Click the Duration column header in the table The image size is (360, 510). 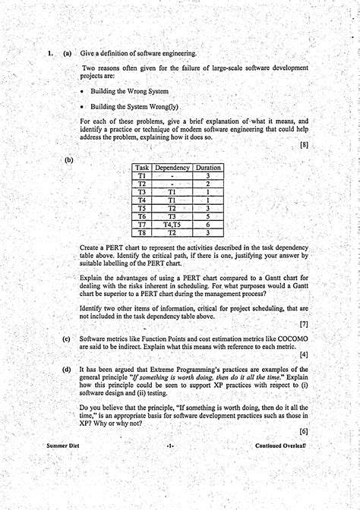pos(208,168)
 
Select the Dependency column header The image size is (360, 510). pos(172,168)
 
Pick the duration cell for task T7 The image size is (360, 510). pos(208,225)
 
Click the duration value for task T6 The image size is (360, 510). pos(208,216)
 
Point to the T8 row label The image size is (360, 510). pos(142,233)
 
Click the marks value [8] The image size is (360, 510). pos(304,144)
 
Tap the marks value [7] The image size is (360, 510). pos(304,324)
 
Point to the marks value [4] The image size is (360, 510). pos(304,354)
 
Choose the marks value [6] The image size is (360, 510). pos(304,430)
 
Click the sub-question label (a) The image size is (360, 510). pos(68,53)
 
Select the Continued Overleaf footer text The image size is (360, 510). pos(281,446)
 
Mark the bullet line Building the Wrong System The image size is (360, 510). pos(130,91)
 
